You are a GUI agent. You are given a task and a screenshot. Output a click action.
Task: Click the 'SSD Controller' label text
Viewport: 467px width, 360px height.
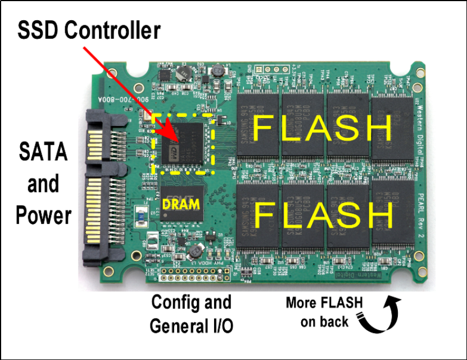[89, 30]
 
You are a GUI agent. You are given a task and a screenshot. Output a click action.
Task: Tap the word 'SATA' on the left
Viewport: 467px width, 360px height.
[44, 152]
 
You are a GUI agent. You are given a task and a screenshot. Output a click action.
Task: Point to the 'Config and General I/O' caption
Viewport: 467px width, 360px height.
[191, 313]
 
